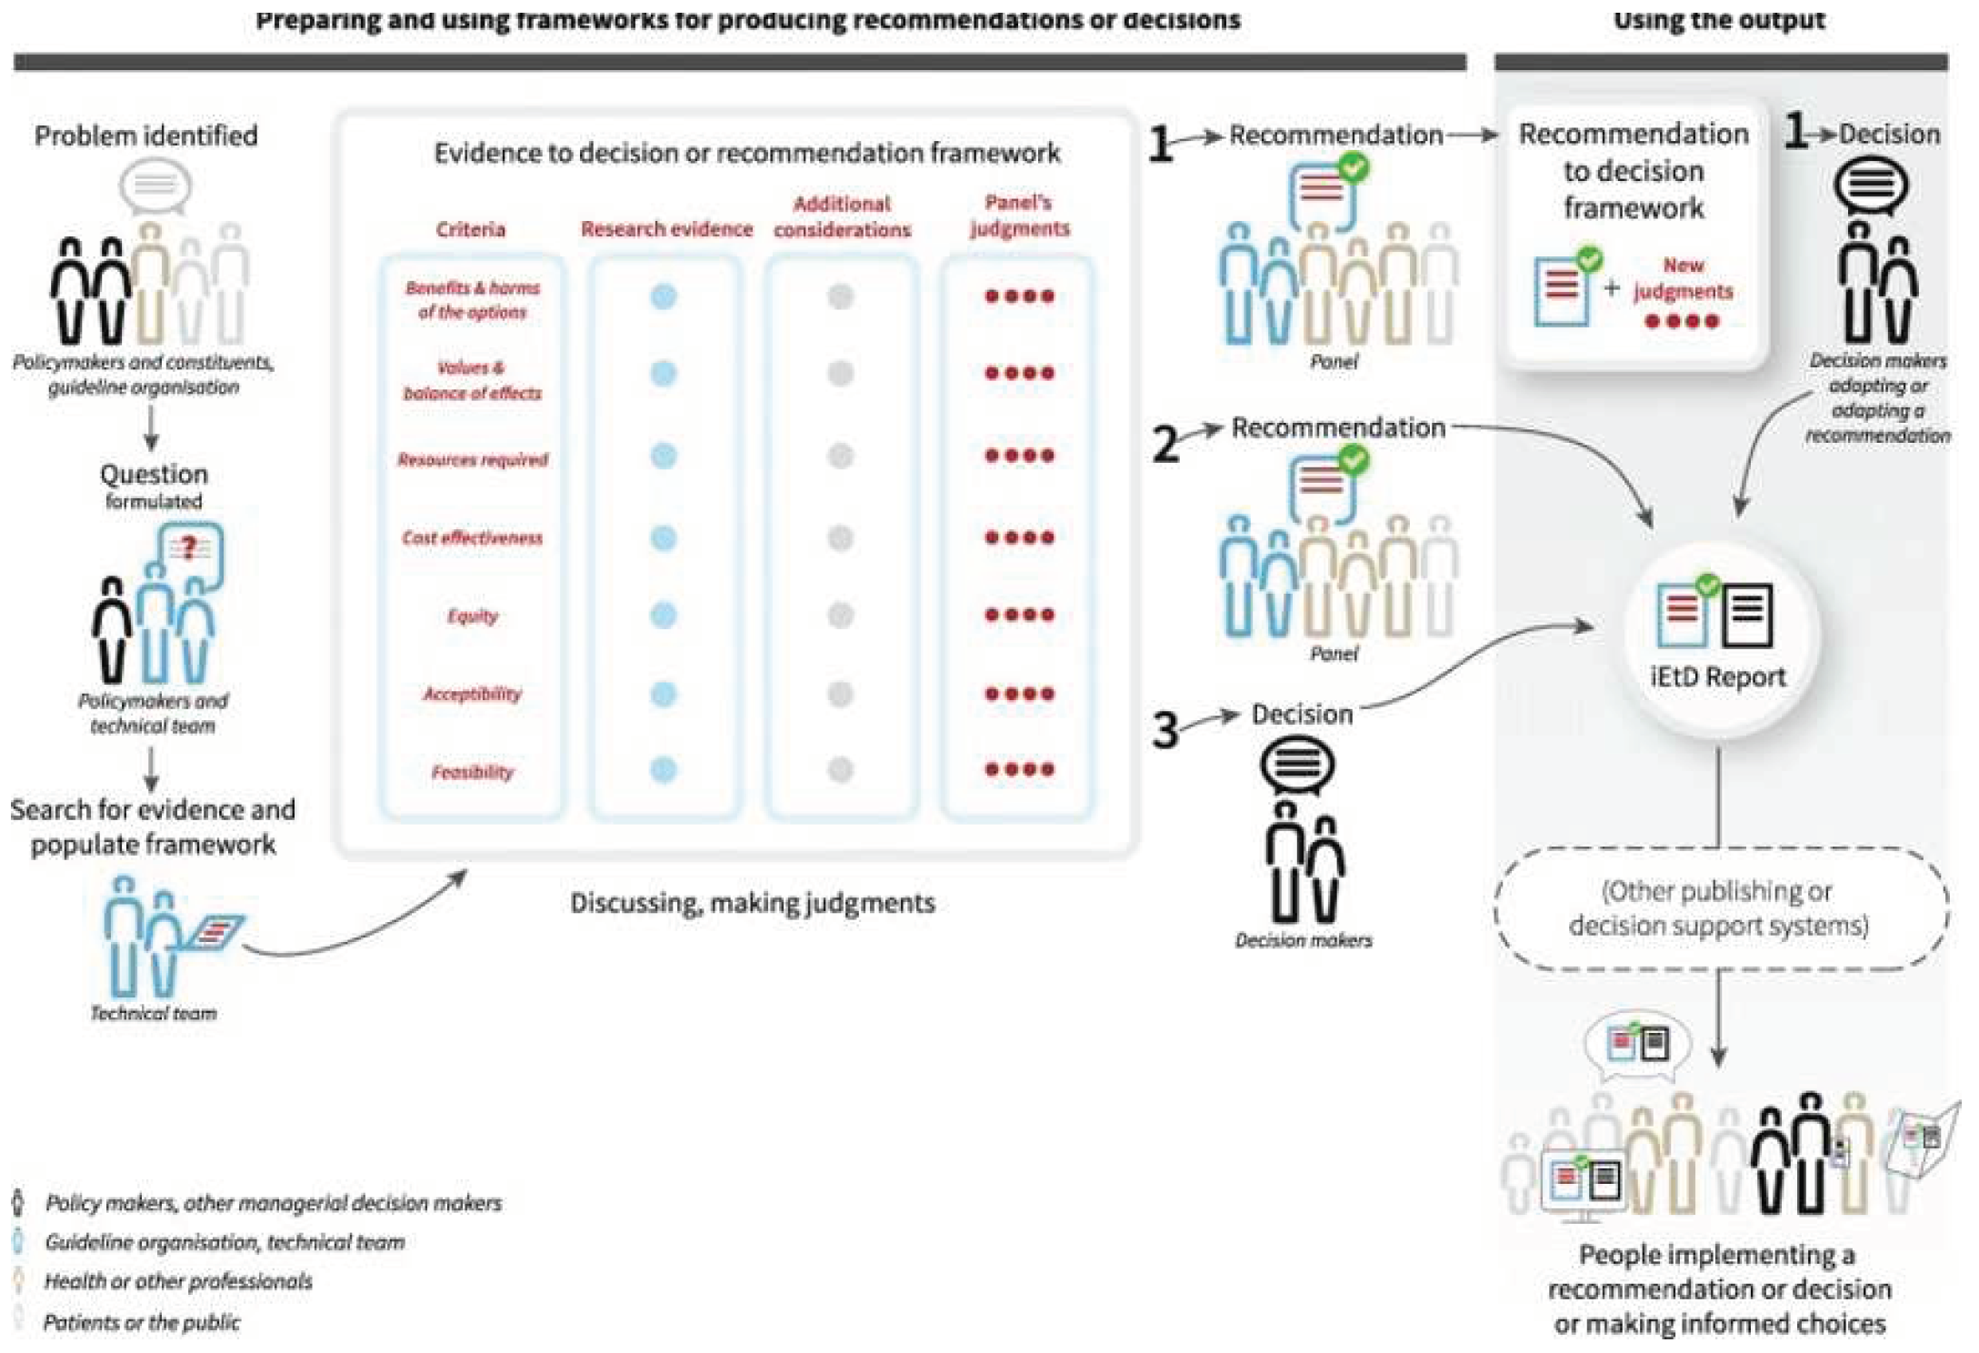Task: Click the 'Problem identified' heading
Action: [x=145, y=135]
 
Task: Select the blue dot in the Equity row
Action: [x=664, y=616]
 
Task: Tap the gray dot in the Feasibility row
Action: [x=841, y=770]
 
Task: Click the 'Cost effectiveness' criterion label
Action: [x=472, y=538]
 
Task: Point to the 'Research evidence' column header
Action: [x=666, y=229]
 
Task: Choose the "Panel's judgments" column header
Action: [x=1019, y=215]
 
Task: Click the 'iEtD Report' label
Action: [x=1717, y=676]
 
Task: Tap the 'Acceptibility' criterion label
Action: [x=472, y=694]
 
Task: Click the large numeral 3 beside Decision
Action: [x=1164, y=730]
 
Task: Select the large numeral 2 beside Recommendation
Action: [x=1165, y=445]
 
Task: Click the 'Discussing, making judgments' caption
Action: [x=752, y=903]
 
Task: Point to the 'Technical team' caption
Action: [x=154, y=1013]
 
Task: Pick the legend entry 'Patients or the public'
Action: [x=142, y=1322]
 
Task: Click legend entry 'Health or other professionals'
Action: [x=178, y=1281]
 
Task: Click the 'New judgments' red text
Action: [x=1683, y=278]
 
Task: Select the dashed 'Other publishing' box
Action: [x=1718, y=908]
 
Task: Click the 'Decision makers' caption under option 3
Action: [x=1303, y=940]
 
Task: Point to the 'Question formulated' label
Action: [x=154, y=486]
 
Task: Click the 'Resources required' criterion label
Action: [x=472, y=460]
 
